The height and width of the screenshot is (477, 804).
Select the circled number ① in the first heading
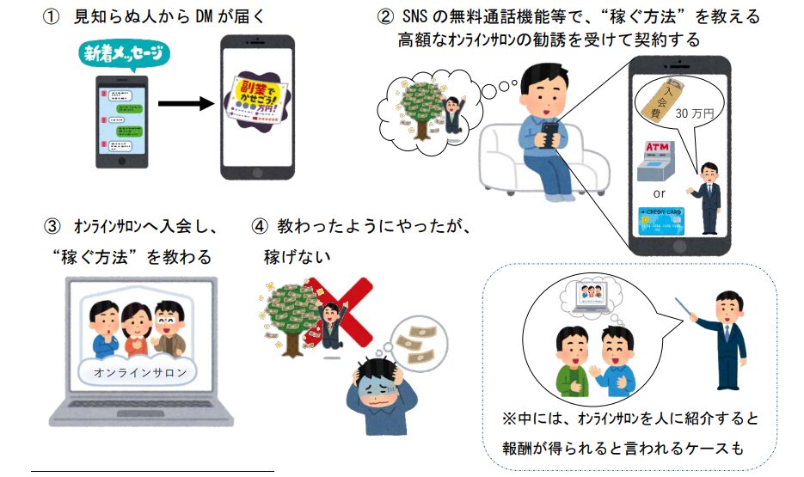pos(52,17)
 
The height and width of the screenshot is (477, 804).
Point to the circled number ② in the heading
pos(385,17)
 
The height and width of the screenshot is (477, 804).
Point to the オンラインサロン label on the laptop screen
pos(138,372)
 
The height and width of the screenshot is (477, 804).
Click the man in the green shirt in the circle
pos(568,361)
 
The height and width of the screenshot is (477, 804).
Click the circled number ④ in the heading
pos(261,229)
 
